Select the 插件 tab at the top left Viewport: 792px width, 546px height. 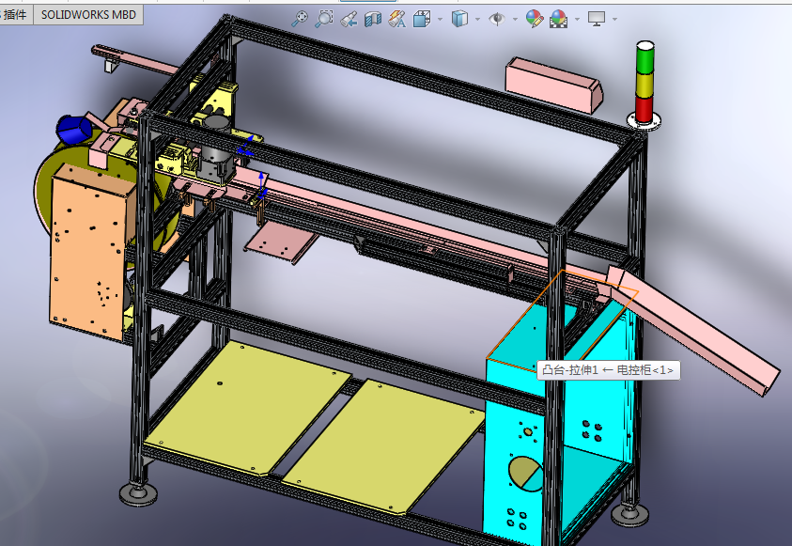pos(16,14)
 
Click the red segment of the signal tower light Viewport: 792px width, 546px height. pos(644,109)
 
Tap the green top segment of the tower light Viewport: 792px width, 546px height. pos(644,58)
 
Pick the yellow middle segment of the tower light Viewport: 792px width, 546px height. pos(644,84)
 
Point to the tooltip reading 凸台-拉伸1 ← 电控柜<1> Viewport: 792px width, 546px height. pos(607,370)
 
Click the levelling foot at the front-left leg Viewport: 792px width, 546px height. pos(137,492)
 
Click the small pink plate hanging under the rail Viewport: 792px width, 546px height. pos(279,242)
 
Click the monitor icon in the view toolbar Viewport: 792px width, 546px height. pos(596,18)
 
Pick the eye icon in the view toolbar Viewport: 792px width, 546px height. pos(497,18)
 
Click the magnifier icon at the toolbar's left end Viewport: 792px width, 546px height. pos(300,18)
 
